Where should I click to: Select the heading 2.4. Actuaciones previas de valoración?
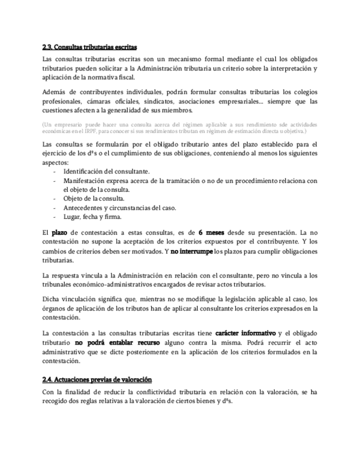[97, 380]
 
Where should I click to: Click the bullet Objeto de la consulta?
[94, 198]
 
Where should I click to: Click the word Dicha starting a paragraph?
[52, 299]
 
